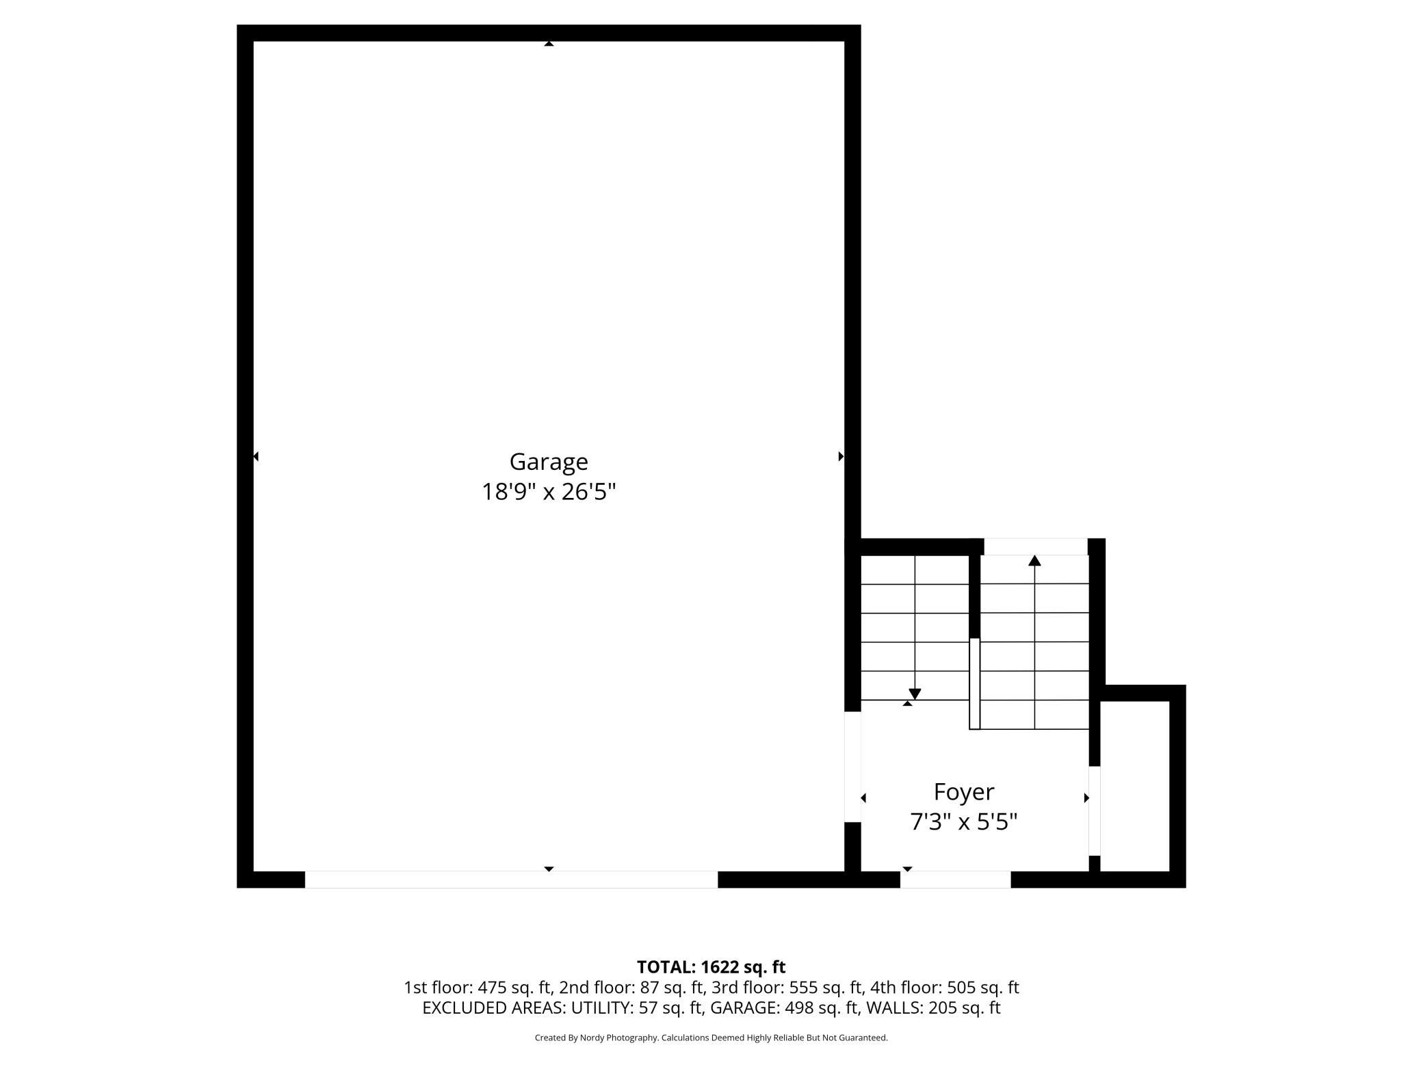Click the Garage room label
pos(548,462)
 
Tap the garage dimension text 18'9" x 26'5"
pos(549,492)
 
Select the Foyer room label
pos(963,791)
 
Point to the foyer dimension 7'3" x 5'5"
pos(963,821)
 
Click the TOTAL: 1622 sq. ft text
pos(711,966)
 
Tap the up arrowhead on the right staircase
pos(1034,561)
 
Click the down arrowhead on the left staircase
pos(915,694)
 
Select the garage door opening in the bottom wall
pos(511,880)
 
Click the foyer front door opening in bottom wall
pos(955,880)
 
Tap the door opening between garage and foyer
pos(852,766)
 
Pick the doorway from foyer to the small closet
pos(1094,811)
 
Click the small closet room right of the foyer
pos(1134,787)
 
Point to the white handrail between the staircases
pos(974,683)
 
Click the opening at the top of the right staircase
pos(1035,546)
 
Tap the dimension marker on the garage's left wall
pos(256,456)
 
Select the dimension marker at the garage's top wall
pos(549,44)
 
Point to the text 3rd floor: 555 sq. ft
pos(787,987)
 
